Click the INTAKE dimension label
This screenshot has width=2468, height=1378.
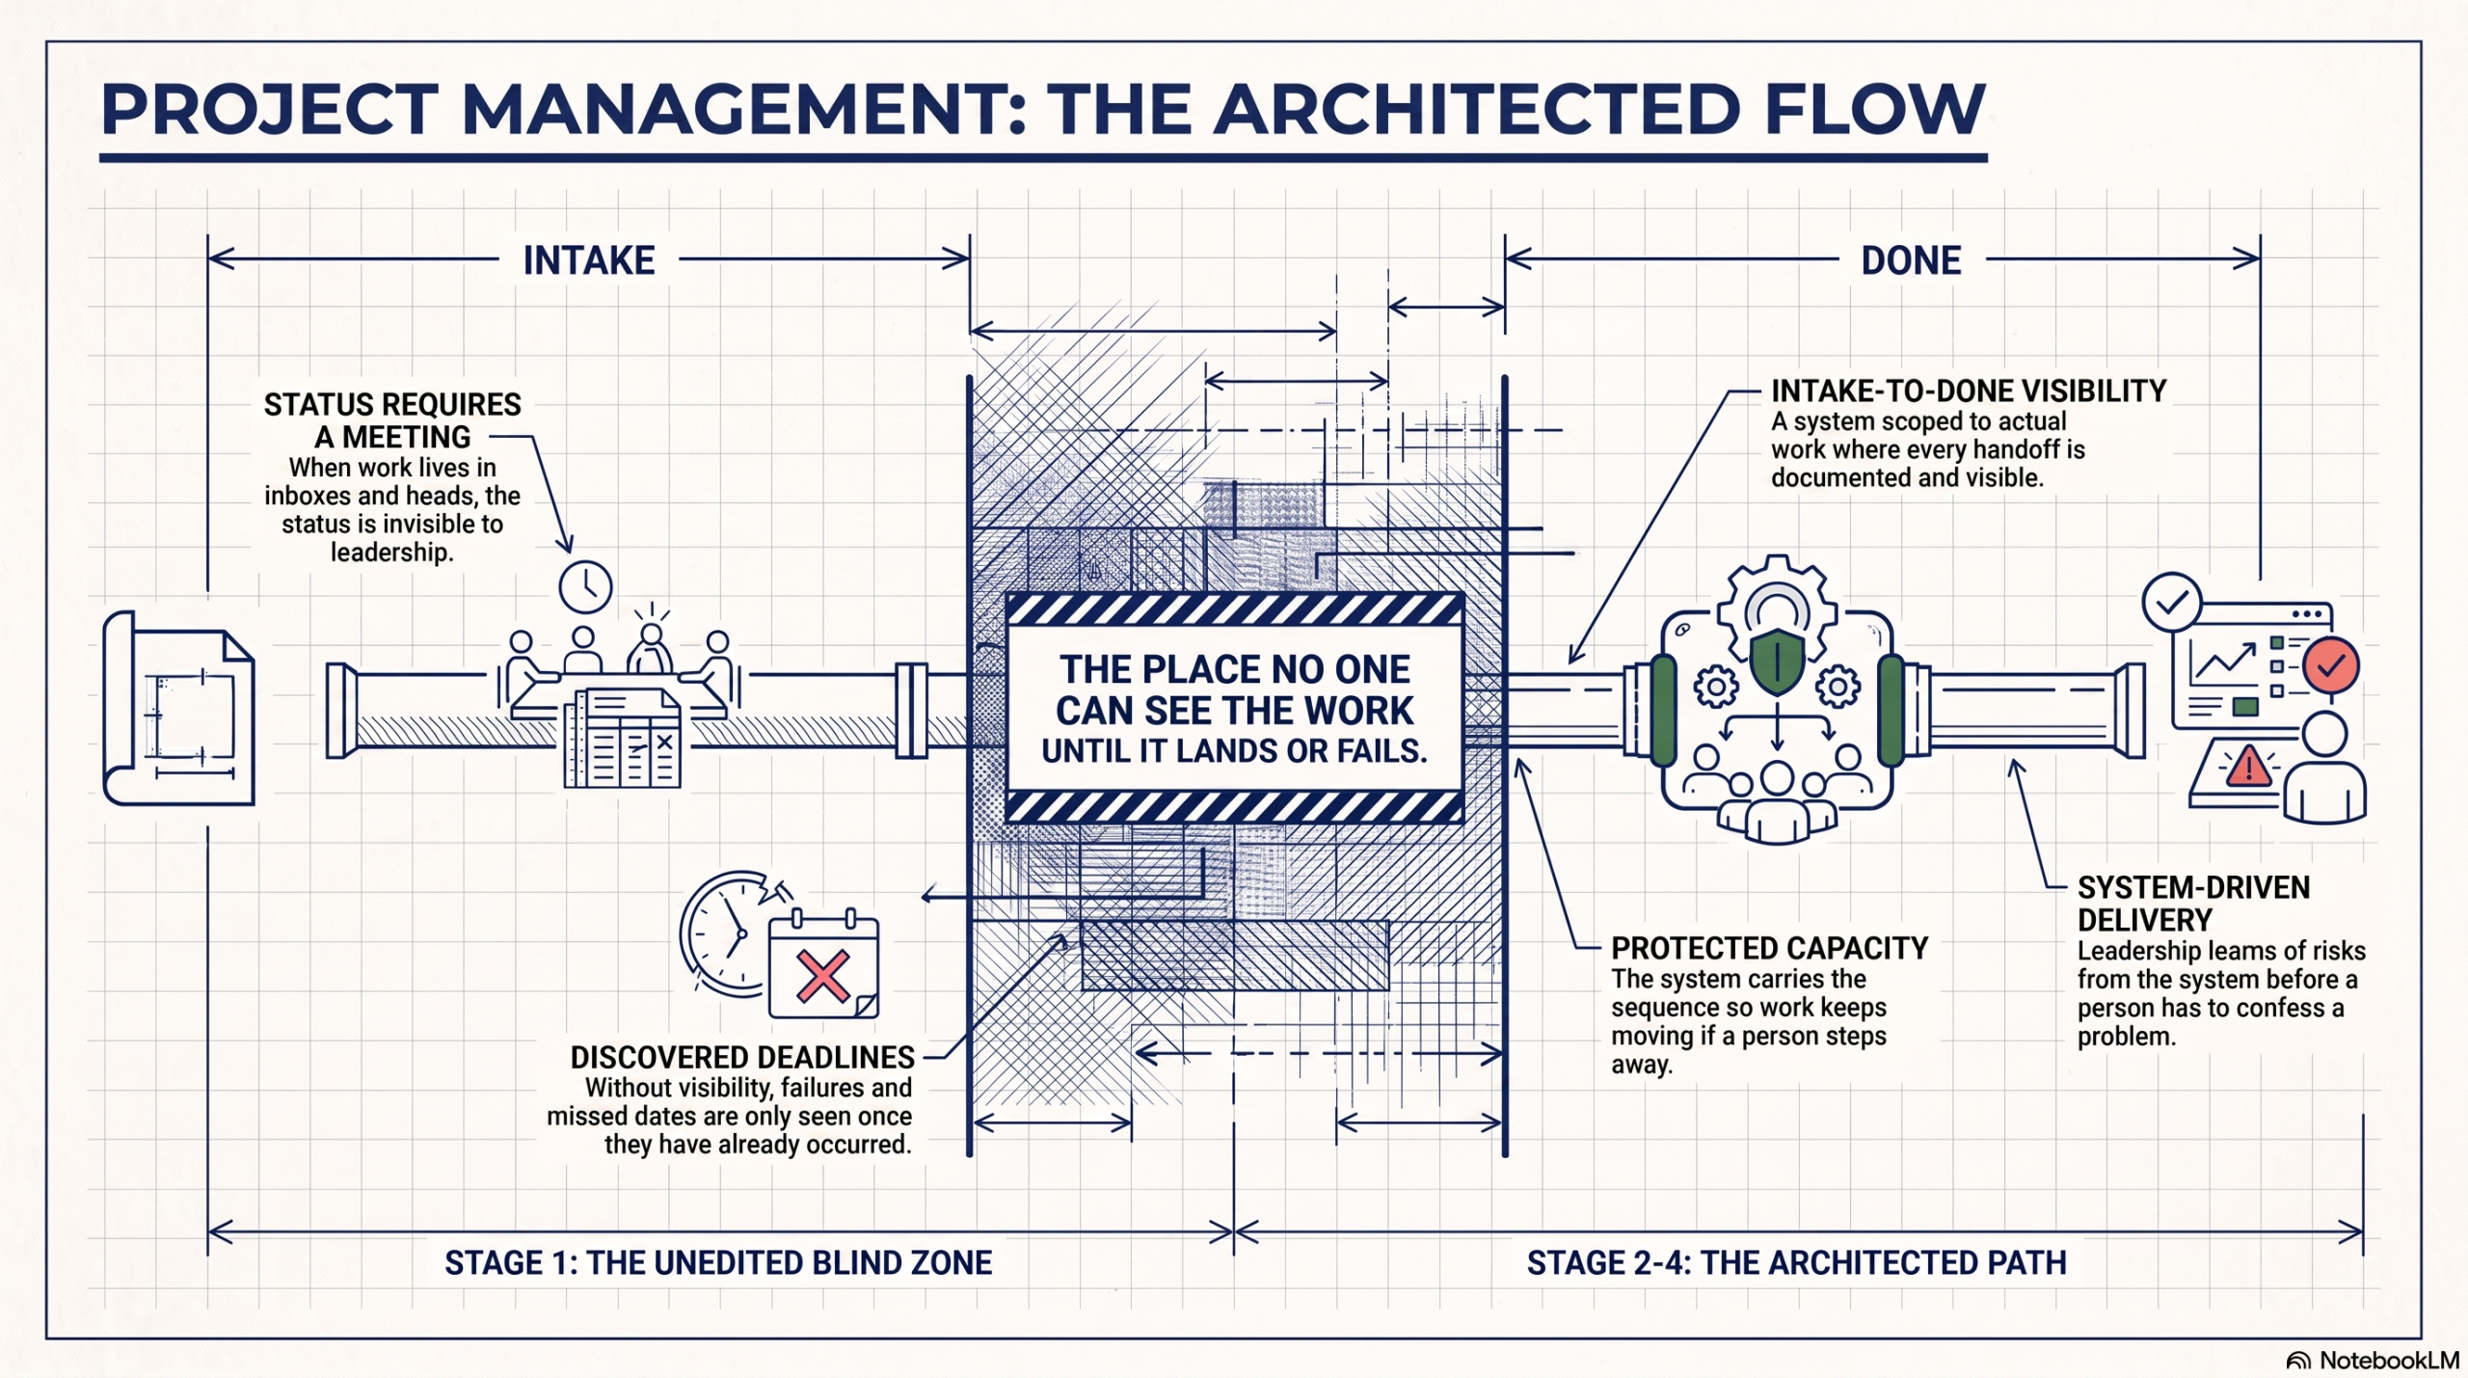point(589,260)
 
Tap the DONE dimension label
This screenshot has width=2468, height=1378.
point(1911,260)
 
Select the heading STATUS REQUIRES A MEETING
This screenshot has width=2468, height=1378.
point(392,420)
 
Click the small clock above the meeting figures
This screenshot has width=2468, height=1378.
point(585,586)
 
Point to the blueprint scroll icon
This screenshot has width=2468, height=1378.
point(178,708)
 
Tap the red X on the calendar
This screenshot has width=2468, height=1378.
point(822,976)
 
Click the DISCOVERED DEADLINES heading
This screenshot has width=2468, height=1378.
point(742,1058)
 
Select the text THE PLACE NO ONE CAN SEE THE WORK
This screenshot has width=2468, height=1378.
point(1234,689)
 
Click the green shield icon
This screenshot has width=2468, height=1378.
point(1776,662)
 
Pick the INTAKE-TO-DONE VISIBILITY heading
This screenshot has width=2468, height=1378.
point(1969,391)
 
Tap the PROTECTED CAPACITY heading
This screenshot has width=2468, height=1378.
point(1770,948)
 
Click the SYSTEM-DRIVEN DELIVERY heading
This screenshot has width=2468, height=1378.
point(2193,904)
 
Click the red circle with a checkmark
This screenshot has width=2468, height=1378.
point(2331,665)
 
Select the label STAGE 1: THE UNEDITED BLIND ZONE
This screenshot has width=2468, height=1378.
point(718,1263)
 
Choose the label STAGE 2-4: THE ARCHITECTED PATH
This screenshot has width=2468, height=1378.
point(1797,1263)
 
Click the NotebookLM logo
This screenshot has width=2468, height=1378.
point(2374,1361)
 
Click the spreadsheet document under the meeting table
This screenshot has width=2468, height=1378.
point(622,738)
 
